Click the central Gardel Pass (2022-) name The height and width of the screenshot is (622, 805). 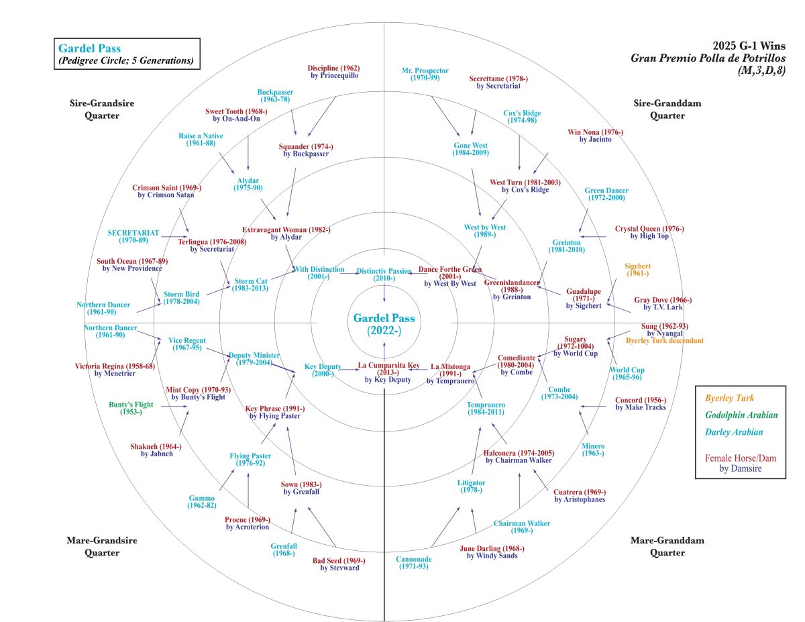[384, 323]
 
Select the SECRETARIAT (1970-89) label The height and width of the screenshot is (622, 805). [133, 237]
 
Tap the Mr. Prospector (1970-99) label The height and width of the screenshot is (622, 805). [425, 74]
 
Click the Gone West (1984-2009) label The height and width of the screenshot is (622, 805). [471, 149]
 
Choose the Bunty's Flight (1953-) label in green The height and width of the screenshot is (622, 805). [131, 408]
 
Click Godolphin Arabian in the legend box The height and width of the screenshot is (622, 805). [740, 415]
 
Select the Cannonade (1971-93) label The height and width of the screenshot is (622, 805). [414, 563]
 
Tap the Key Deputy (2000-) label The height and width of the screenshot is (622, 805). [323, 370]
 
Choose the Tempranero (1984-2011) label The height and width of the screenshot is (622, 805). [486, 408]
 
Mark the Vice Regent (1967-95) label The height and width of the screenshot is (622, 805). [186, 344]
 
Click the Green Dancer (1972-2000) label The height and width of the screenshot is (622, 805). [606, 194]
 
